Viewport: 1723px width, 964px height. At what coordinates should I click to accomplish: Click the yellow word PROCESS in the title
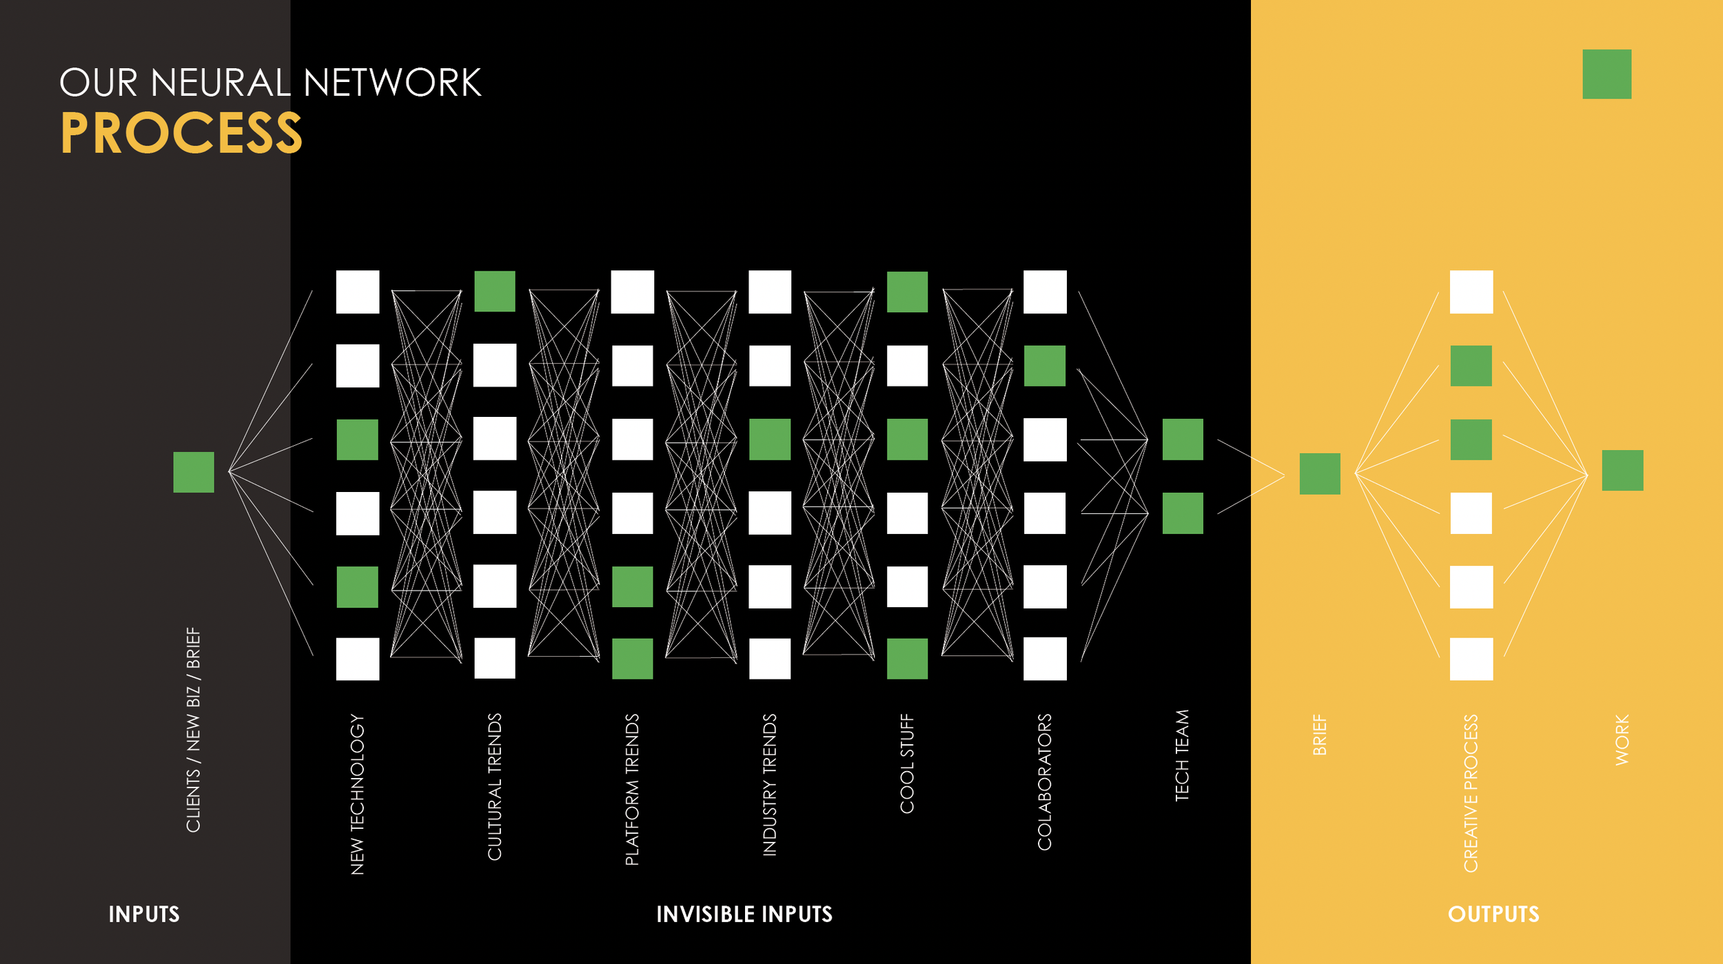tap(181, 133)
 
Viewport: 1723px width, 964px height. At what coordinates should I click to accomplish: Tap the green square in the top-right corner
tap(1606, 74)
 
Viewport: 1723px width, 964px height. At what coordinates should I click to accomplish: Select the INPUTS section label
tap(144, 914)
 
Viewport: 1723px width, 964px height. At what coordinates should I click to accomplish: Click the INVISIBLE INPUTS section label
tap(744, 914)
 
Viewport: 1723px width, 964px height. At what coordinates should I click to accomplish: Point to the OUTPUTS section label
tap(1493, 914)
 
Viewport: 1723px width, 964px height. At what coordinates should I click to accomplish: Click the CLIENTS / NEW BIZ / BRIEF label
tap(194, 730)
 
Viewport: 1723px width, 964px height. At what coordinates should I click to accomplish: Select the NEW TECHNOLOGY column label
tap(357, 794)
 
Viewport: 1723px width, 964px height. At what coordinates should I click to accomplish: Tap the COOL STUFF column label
tap(907, 763)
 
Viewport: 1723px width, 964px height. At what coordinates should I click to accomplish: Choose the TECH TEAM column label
tap(1182, 755)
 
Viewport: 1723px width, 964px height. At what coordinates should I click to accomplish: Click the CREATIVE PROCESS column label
tap(1471, 793)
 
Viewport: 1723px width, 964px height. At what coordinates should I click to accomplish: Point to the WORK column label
tap(1622, 740)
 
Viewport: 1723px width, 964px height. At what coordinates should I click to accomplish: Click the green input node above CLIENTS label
tap(194, 472)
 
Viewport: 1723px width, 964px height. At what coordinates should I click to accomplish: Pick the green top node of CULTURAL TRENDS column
tap(495, 291)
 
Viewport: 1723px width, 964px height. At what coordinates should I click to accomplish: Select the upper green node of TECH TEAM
tap(1183, 440)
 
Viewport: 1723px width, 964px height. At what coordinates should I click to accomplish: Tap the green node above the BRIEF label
tap(1320, 474)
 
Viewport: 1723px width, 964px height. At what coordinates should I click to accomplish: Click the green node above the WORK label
tap(1622, 471)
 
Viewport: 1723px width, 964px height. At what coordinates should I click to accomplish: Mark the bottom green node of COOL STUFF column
tap(907, 659)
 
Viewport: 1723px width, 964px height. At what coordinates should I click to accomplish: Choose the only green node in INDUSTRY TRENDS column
tap(770, 440)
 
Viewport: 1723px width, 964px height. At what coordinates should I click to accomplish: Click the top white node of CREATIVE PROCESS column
tap(1471, 292)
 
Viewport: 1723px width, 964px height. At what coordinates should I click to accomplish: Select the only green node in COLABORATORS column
tap(1045, 366)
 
